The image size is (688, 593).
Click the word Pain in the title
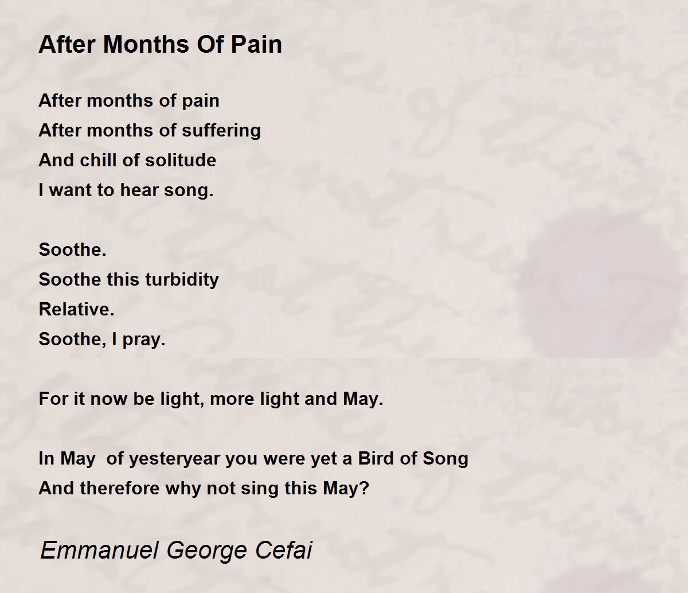tap(256, 44)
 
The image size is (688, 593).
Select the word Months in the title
tap(146, 44)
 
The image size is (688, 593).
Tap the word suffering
tap(221, 131)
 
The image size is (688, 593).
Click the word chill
tap(98, 160)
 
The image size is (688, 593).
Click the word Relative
tap(77, 309)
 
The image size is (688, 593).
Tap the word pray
tap(144, 340)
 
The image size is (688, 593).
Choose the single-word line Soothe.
tap(73, 249)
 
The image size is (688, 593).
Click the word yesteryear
tap(175, 459)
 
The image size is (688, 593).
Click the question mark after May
tap(365, 489)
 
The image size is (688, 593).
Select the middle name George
tap(207, 551)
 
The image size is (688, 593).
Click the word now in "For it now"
tap(108, 399)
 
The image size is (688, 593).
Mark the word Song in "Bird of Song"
tap(445, 459)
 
